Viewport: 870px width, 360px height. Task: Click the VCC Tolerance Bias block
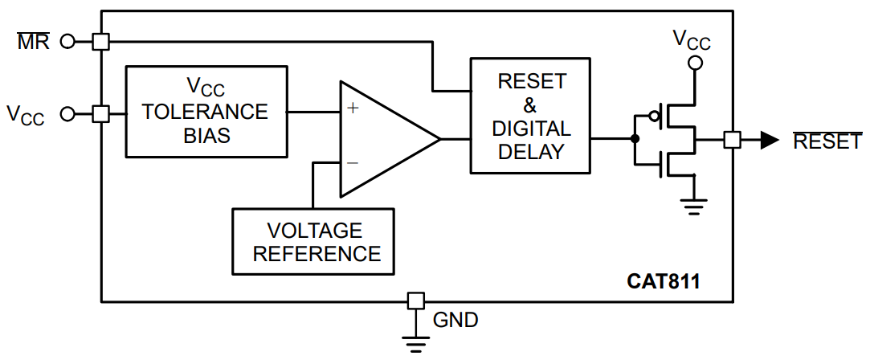[x=206, y=112]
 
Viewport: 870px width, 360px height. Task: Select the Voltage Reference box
[x=313, y=241]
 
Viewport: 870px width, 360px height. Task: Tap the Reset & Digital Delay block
[x=530, y=116]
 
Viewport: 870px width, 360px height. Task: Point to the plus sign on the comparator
[x=353, y=108]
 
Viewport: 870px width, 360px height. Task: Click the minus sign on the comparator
[x=353, y=163]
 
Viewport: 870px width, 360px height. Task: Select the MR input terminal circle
[x=67, y=41]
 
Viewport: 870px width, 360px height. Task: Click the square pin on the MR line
[x=100, y=41]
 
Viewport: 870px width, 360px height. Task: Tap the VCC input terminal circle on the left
[x=67, y=114]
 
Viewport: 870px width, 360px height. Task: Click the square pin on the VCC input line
[x=100, y=114]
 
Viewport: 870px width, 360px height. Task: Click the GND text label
[x=455, y=320]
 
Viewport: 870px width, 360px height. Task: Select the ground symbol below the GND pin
[x=415, y=345]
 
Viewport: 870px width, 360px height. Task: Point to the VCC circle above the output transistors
[x=693, y=63]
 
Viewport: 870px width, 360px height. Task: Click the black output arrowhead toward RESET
[x=770, y=141]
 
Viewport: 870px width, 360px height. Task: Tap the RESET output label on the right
[x=827, y=141]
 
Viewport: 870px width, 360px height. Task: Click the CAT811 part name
[x=664, y=282]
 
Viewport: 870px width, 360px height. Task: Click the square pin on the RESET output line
[x=733, y=141]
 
